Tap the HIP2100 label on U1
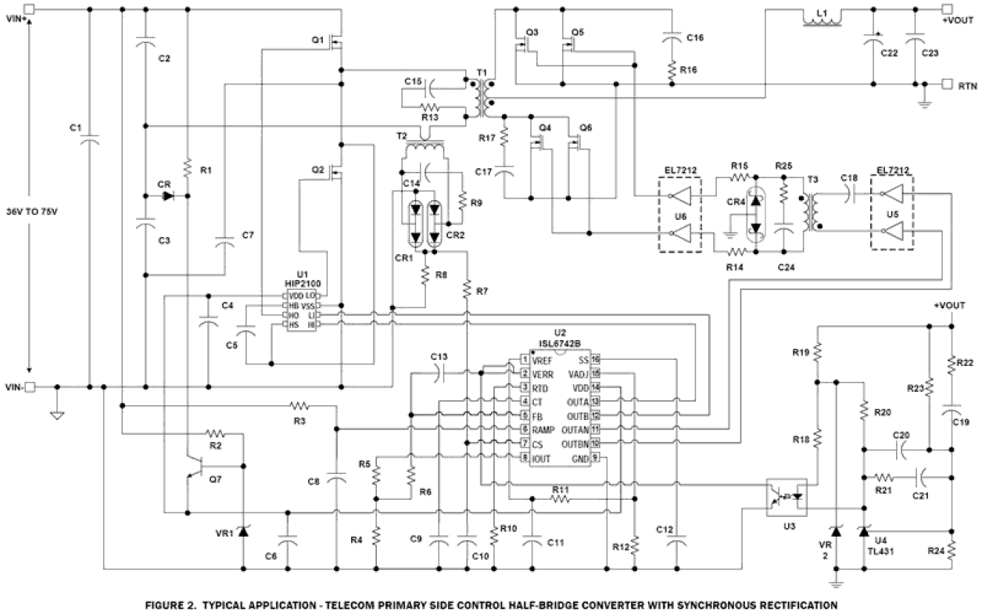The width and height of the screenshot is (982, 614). pyautogui.click(x=298, y=282)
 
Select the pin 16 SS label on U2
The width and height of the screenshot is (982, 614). pyautogui.click(x=582, y=360)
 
